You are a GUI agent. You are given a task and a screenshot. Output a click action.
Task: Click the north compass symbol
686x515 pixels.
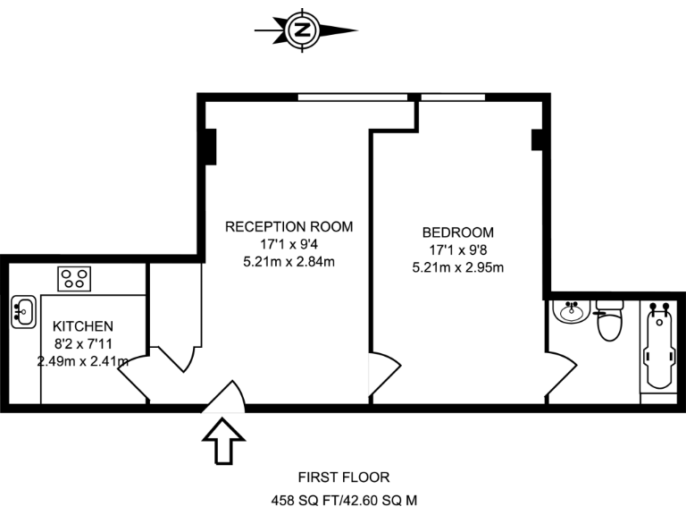pyautogui.click(x=302, y=30)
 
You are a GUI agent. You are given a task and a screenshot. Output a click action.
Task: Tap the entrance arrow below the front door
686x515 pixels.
pyautogui.click(x=223, y=442)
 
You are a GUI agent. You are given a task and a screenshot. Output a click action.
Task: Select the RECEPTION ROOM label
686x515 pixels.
pyautogui.click(x=289, y=226)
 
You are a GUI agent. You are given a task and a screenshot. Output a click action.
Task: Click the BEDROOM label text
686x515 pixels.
pyautogui.click(x=457, y=232)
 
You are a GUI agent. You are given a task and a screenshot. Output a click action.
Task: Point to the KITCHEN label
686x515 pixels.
pyautogui.click(x=82, y=326)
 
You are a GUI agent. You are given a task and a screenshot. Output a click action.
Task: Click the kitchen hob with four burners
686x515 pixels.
pyautogui.click(x=75, y=278)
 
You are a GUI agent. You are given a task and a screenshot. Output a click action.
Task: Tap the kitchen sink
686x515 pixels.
pyautogui.click(x=22, y=312)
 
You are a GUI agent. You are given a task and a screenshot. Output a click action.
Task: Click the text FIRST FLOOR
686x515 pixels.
pyautogui.click(x=344, y=477)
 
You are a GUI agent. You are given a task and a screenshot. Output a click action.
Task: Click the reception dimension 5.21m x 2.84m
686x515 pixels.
pyautogui.click(x=289, y=262)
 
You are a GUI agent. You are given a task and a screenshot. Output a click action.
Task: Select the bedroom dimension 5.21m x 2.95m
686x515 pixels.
pyautogui.click(x=457, y=267)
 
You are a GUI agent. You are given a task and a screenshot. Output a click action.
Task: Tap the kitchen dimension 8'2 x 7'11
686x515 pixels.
pyautogui.click(x=82, y=344)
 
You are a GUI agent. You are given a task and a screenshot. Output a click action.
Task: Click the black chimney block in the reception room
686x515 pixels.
pyautogui.click(x=210, y=147)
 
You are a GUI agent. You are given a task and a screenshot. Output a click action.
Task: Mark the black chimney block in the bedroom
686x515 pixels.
pyautogui.click(x=538, y=140)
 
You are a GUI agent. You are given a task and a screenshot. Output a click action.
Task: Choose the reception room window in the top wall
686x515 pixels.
pyautogui.click(x=352, y=97)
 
